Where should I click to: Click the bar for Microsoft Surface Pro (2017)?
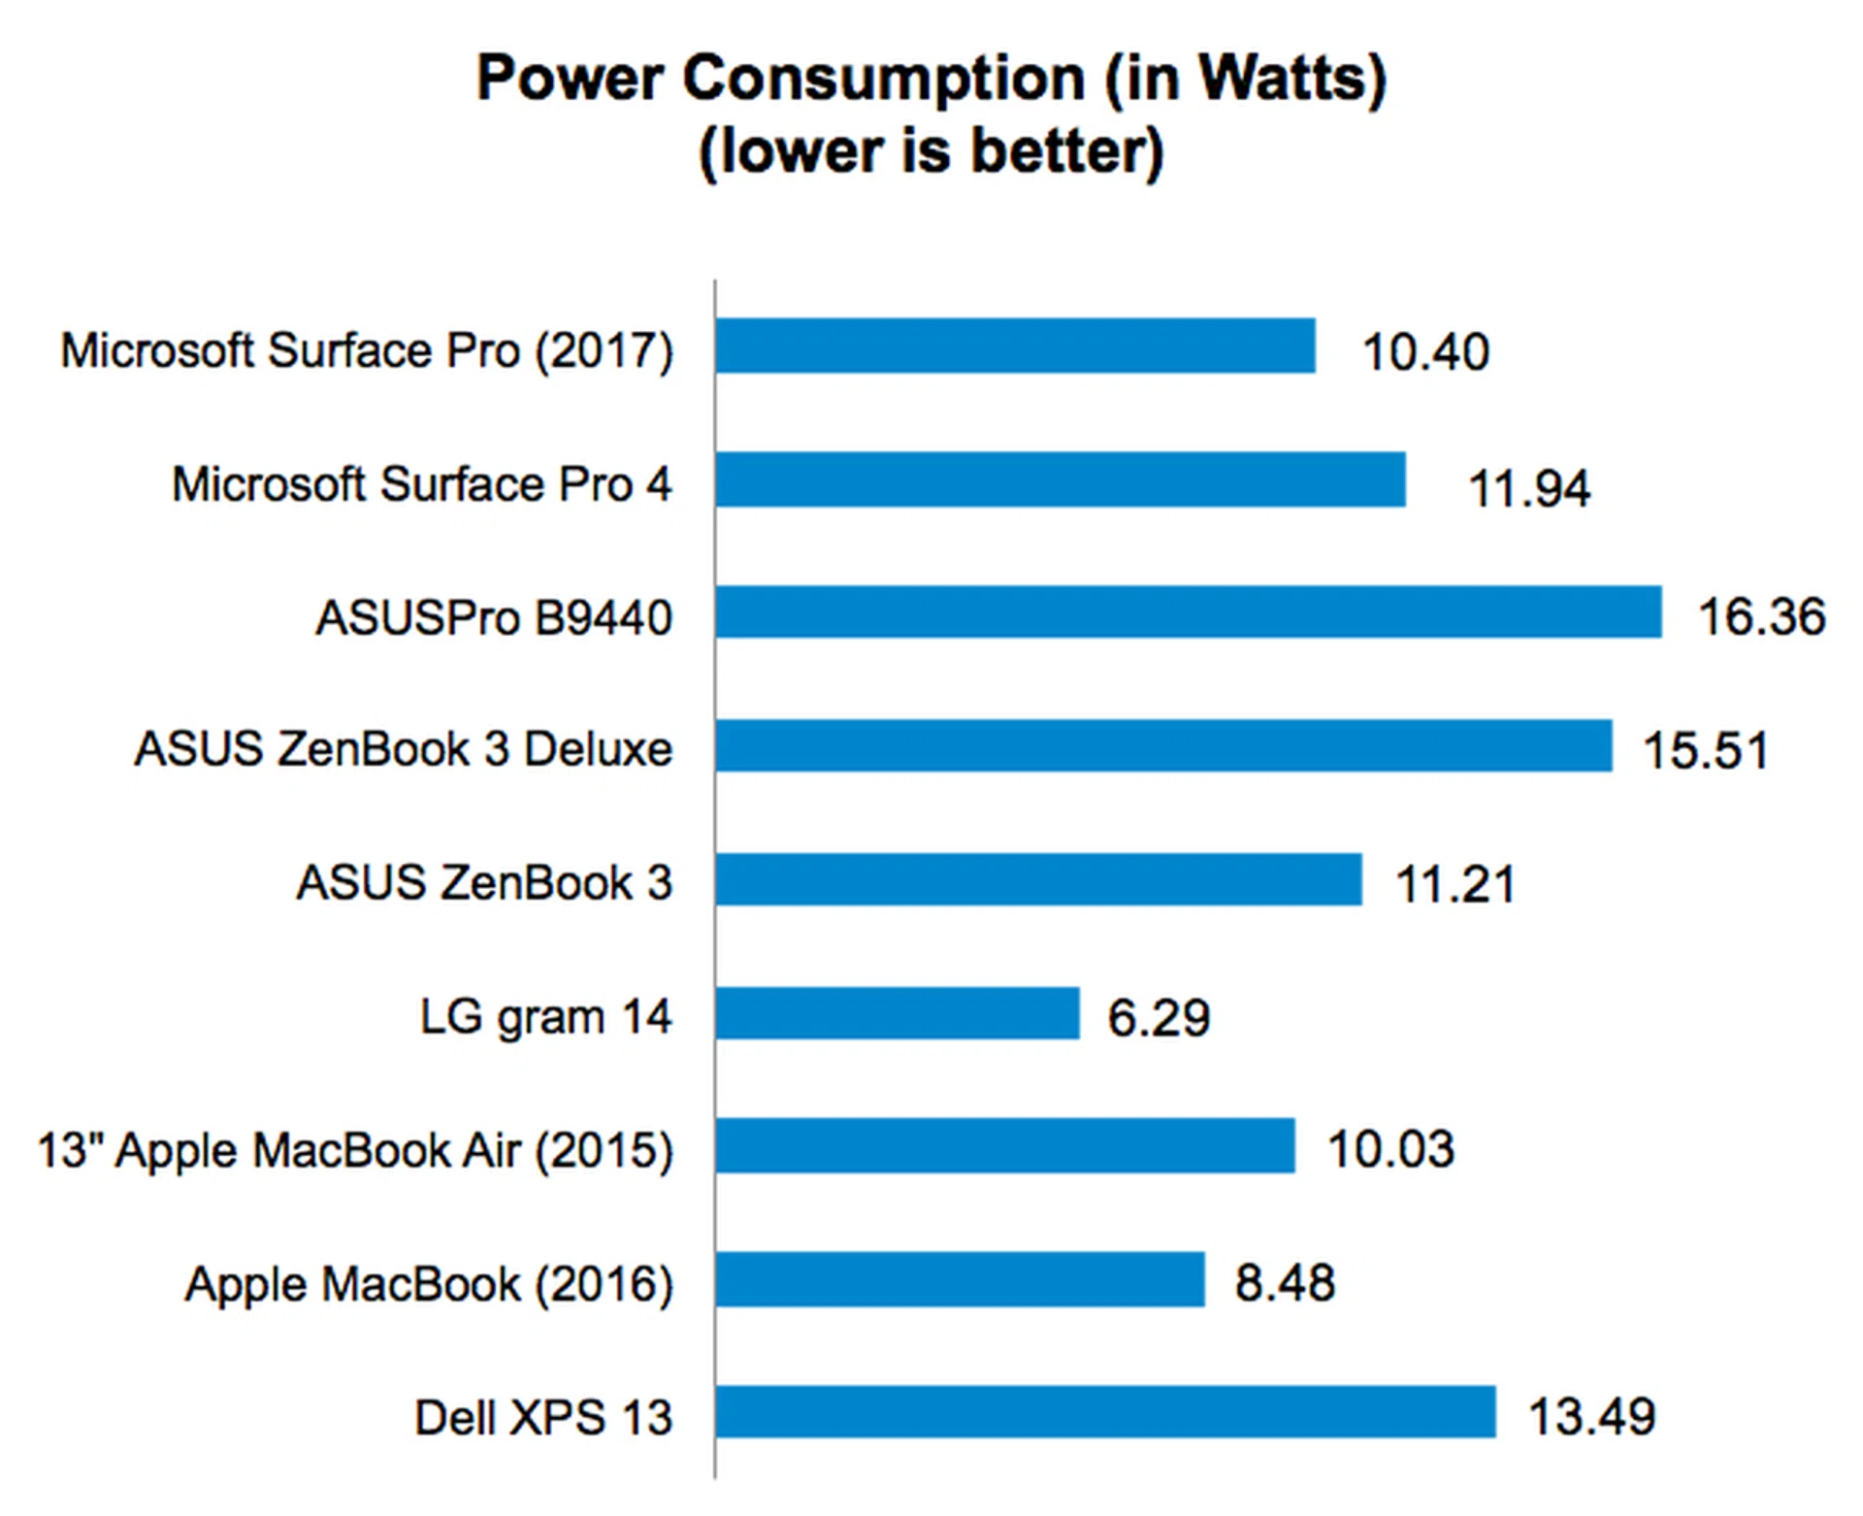(x=1015, y=346)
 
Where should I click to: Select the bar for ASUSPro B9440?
(x=1188, y=611)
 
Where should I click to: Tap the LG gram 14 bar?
(x=898, y=1013)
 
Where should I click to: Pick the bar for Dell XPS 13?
(x=1105, y=1412)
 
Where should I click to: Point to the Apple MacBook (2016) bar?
(x=960, y=1279)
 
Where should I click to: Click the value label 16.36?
(x=1761, y=617)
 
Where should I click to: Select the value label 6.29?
(x=1159, y=1018)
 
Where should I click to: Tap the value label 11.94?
(x=1528, y=488)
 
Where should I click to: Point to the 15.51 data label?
(x=1705, y=750)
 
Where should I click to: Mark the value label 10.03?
(x=1389, y=1150)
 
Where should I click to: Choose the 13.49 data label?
(x=1591, y=1417)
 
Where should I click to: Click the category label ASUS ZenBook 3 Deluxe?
(x=403, y=749)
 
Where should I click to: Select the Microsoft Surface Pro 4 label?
(x=421, y=483)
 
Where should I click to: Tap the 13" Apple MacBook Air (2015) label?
(x=355, y=1151)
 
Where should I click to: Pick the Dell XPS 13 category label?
(x=543, y=1417)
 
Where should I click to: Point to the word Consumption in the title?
(x=883, y=80)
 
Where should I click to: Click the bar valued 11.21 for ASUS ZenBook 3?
(x=1038, y=879)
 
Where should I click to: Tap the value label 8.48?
(x=1285, y=1283)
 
